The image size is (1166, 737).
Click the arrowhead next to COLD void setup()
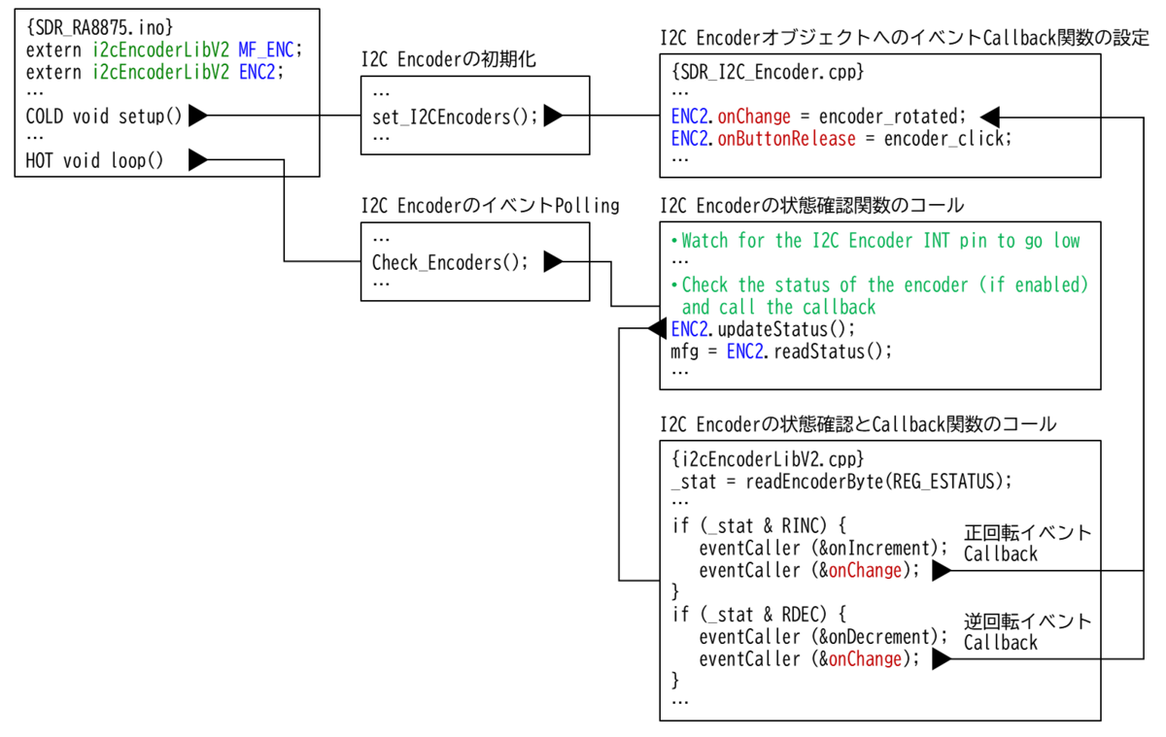tap(197, 117)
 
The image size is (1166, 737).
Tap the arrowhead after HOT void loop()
tap(197, 160)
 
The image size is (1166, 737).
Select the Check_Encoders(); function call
tap(450, 261)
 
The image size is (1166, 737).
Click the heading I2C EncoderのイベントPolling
tap(490, 206)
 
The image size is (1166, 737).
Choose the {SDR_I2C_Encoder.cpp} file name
tap(767, 72)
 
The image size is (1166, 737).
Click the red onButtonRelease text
tap(786, 138)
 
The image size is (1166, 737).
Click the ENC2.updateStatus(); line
tap(763, 329)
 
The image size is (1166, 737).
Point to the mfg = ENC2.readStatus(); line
tap(780, 352)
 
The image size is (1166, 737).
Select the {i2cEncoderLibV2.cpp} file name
tap(767, 457)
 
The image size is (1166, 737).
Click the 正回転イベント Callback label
tap(1027, 544)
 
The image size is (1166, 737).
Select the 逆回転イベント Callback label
tap(1027, 632)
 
